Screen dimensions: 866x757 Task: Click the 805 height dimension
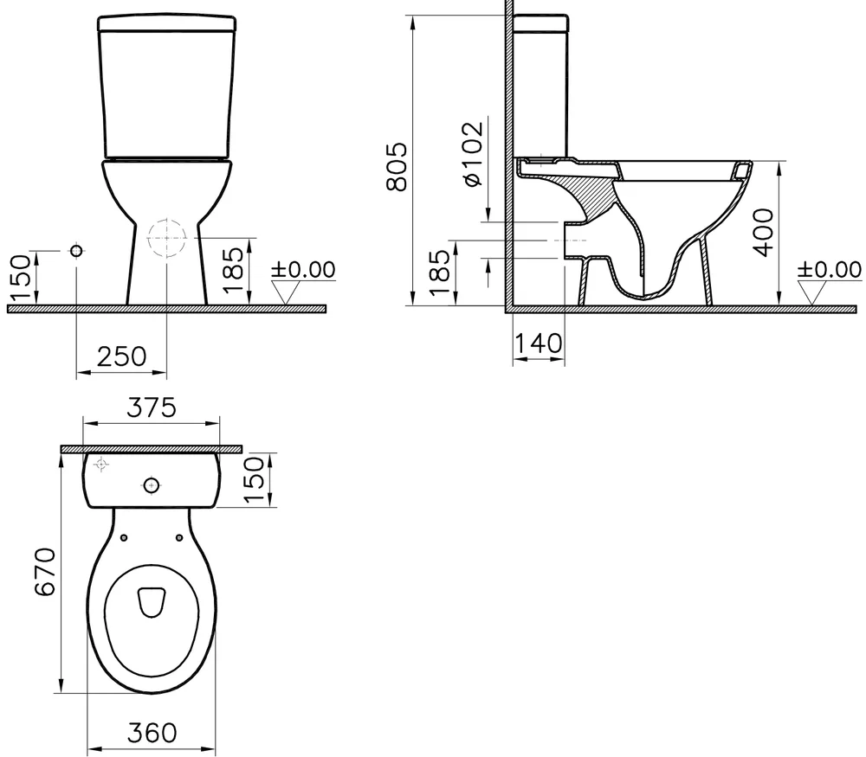[397, 167]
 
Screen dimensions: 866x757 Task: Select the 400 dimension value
[765, 232]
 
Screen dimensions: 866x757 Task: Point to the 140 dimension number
[538, 343]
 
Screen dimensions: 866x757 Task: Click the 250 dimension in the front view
[122, 356]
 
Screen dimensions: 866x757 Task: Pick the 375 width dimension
[152, 407]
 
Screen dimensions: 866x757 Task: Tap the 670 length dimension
[45, 572]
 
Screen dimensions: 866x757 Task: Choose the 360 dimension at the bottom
[152, 733]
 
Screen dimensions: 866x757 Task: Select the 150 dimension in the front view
[20, 278]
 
